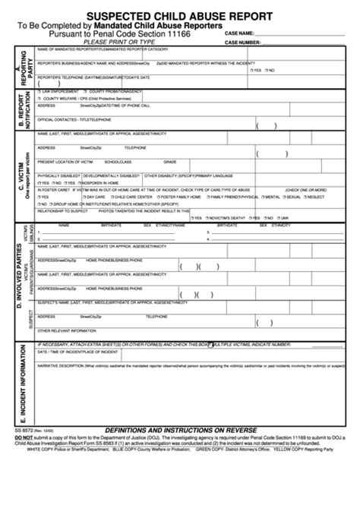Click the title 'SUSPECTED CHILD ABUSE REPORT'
point(179,14)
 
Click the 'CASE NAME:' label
point(239,33)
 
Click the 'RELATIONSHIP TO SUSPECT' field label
point(62,210)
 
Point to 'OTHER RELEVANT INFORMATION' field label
point(67,331)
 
